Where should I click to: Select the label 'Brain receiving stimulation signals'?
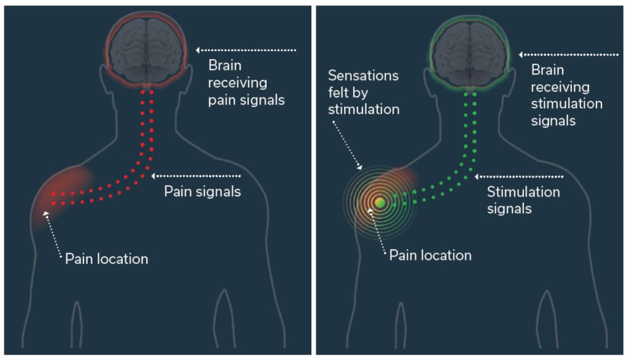pos(566,95)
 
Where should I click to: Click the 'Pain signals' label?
pos(202,191)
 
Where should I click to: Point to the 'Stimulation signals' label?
pos(523,200)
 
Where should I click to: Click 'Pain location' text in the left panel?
pos(107,259)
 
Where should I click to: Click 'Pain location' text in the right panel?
pos(430,254)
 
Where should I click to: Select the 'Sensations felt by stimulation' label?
pos(364,93)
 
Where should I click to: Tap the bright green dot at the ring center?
pos(380,202)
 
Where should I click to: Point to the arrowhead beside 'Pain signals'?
pos(154,176)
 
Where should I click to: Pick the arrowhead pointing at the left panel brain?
pos(198,49)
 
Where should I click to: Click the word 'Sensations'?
pos(364,76)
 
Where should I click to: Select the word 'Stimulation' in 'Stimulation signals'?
pos(523,192)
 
